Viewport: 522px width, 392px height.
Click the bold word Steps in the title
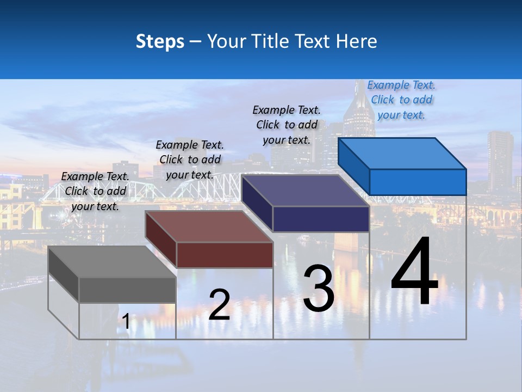160,41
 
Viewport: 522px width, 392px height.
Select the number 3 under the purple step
319,289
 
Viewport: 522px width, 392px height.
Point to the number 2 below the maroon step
219,305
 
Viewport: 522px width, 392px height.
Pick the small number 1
126,322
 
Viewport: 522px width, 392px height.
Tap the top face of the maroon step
209,226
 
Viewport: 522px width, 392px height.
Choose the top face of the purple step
305,191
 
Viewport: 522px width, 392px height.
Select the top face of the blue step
402,154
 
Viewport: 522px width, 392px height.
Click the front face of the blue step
418,182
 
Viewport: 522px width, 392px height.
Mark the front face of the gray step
127,290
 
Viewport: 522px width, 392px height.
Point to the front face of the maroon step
225,255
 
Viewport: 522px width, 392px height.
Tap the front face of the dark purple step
321,219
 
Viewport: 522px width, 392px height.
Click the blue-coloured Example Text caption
401,100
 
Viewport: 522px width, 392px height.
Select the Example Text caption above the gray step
95,191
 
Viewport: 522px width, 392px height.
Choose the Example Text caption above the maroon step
190,160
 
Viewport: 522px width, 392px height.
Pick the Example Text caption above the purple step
287,125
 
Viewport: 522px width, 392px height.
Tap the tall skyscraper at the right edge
500,155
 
